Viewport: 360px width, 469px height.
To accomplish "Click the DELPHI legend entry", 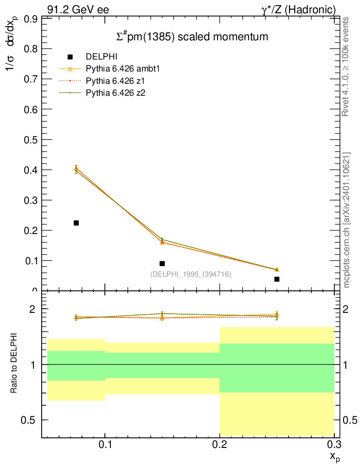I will [x=102, y=57].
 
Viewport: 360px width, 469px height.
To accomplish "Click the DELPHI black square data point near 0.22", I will [x=76, y=223].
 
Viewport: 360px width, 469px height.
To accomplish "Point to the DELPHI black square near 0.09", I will [x=162, y=263].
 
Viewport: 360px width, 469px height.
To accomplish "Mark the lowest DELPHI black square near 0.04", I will [x=277, y=279].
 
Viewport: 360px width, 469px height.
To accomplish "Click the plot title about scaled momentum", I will [x=191, y=37].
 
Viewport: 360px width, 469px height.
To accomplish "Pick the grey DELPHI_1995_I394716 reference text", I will [x=191, y=274].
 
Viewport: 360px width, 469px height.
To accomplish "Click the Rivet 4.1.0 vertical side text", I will [x=346, y=66].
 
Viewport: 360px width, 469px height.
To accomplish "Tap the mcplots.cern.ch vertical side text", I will [x=347, y=220].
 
